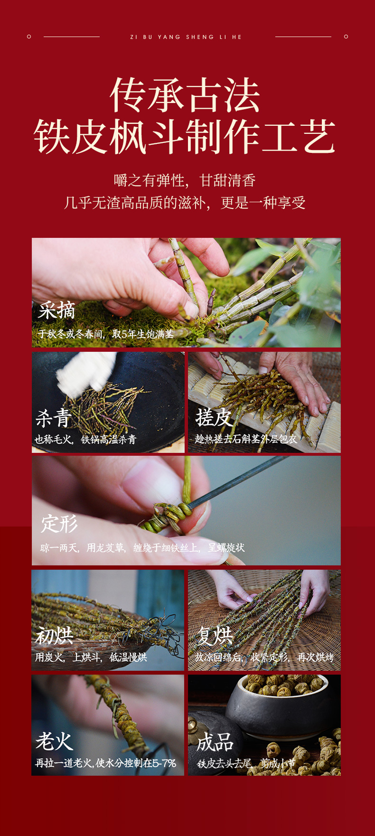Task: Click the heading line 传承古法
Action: click(x=185, y=95)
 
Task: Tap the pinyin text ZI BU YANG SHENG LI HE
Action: click(x=186, y=37)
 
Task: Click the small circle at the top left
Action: click(x=29, y=37)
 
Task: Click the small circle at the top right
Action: click(x=346, y=37)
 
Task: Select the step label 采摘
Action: click(x=56, y=311)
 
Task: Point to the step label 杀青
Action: click(x=53, y=418)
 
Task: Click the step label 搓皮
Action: click(x=214, y=418)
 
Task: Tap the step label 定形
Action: click(x=59, y=524)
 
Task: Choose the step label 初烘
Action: click(x=54, y=636)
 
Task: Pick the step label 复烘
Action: click(x=215, y=636)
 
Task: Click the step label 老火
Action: click(x=54, y=741)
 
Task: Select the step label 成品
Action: click(x=215, y=742)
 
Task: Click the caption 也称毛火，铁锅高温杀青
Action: click(x=85, y=440)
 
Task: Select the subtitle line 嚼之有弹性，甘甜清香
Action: click(x=185, y=180)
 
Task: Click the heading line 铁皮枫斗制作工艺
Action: click(x=185, y=137)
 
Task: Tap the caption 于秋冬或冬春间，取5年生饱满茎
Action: click(x=106, y=334)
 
